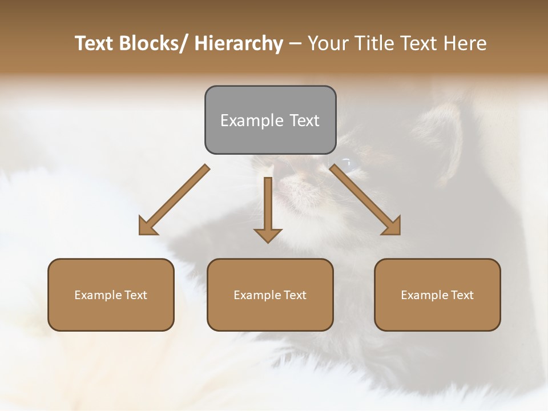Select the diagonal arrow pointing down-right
pos(366,200)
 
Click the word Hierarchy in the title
pos(239,44)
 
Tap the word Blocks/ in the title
pos(154,44)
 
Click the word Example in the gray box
pos(252,120)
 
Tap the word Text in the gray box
pos(305,120)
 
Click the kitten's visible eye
pos(348,164)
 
